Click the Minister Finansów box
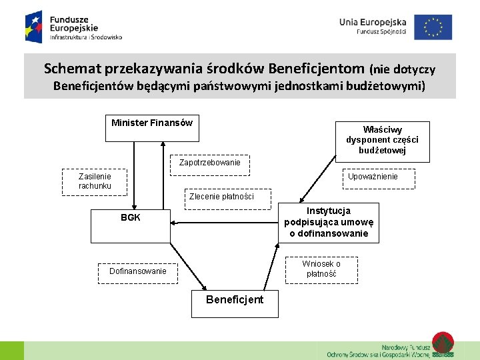(x=152, y=128)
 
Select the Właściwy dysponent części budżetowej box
(x=382, y=140)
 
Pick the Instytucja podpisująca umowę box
(x=329, y=223)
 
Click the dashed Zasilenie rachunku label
(x=95, y=181)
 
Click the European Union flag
(x=433, y=27)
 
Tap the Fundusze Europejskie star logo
(x=35, y=27)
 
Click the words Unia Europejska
(x=373, y=22)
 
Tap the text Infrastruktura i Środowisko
(x=86, y=38)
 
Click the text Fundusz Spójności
(x=381, y=31)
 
